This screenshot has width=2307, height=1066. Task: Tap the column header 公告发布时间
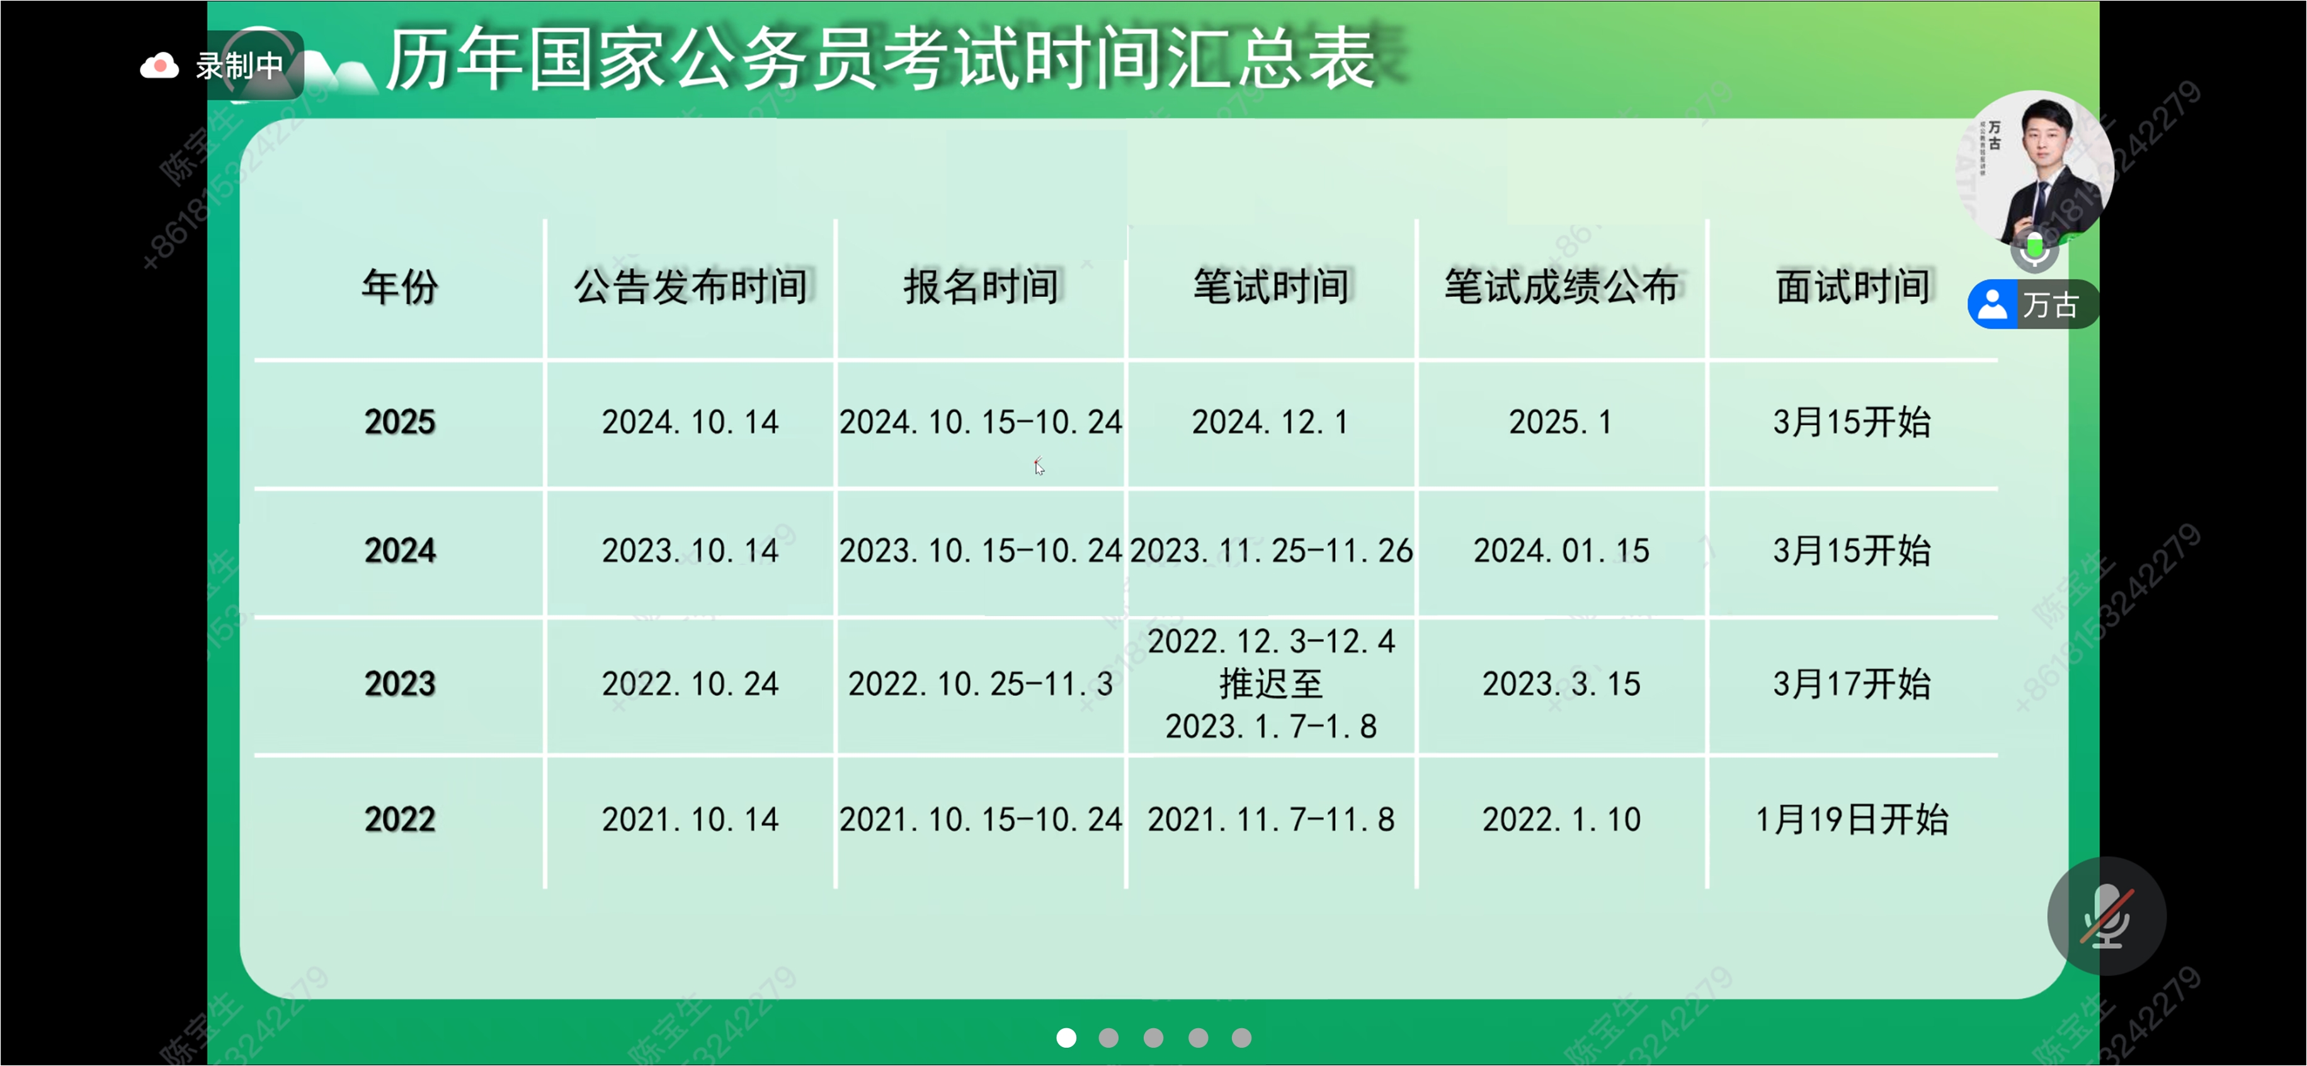pyautogui.click(x=690, y=286)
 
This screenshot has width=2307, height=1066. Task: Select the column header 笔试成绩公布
pyautogui.click(x=1561, y=286)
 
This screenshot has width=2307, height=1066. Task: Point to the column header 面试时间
pyautogui.click(x=1852, y=286)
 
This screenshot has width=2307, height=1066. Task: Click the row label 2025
pyautogui.click(x=399, y=422)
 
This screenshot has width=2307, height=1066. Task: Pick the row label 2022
pyautogui.click(x=399, y=819)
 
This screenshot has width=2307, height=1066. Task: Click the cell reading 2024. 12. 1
pyautogui.click(x=1270, y=422)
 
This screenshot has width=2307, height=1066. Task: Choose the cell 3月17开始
pyautogui.click(x=1852, y=684)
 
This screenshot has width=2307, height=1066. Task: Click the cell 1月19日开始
pyautogui.click(x=1852, y=819)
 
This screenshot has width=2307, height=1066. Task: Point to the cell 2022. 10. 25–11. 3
pyautogui.click(x=981, y=684)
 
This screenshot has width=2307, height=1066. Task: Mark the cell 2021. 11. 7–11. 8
pyautogui.click(x=1271, y=819)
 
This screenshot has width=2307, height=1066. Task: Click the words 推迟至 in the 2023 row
pyautogui.click(x=1271, y=684)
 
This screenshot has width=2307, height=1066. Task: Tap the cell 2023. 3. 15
pyautogui.click(x=1561, y=684)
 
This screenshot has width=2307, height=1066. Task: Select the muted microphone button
pyautogui.click(x=2106, y=916)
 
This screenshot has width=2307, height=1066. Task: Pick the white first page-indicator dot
pyautogui.click(x=1066, y=1037)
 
